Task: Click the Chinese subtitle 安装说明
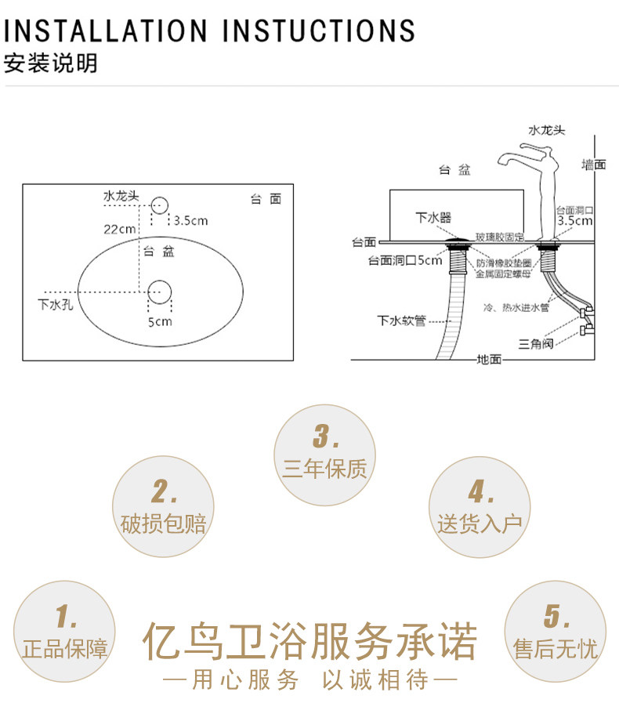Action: [x=51, y=63]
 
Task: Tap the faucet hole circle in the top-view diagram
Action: [x=159, y=206]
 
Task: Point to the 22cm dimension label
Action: [x=120, y=229]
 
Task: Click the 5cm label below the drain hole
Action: [x=160, y=321]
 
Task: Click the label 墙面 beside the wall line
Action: [x=593, y=165]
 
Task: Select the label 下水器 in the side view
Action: [x=433, y=217]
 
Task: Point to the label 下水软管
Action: [x=401, y=320]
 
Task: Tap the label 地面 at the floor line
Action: [x=489, y=360]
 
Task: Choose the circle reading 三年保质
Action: [x=324, y=455]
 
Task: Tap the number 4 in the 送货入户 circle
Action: [x=480, y=492]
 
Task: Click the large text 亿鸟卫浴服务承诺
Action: [x=309, y=643]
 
